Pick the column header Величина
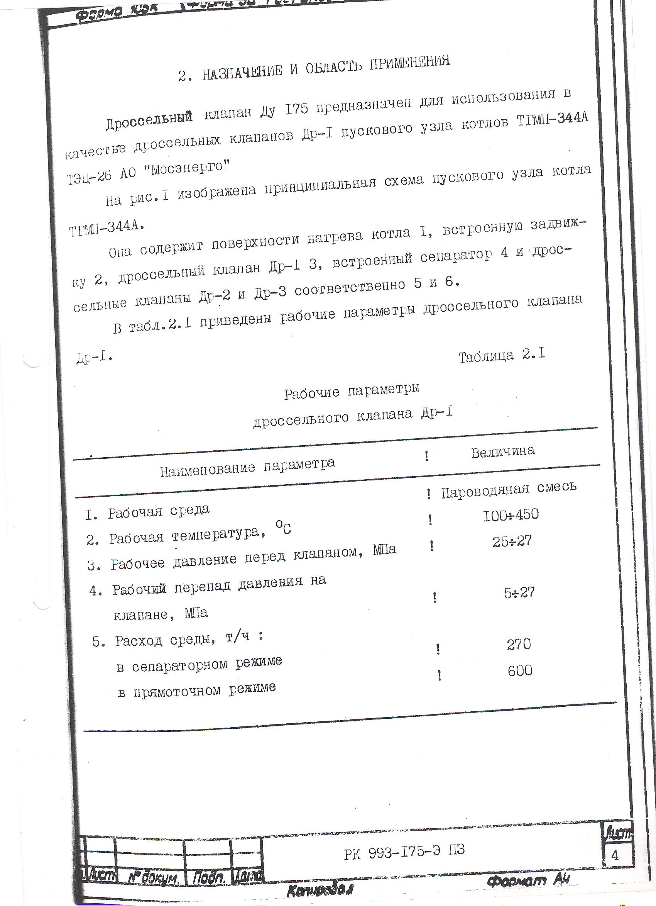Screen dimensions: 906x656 503,451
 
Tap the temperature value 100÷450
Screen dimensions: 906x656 511,515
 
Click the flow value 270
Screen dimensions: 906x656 519,644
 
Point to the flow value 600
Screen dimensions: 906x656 520,671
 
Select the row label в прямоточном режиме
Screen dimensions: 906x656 196,690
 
